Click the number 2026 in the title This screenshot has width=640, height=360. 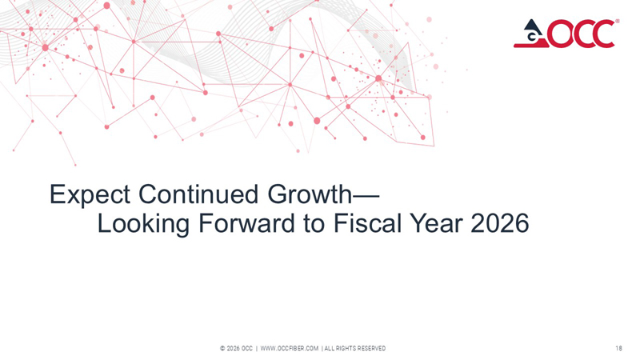[499, 224]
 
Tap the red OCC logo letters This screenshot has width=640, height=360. [582, 34]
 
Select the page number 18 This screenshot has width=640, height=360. [619, 348]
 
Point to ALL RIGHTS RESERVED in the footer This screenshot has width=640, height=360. [354, 348]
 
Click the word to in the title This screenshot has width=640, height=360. [314, 224]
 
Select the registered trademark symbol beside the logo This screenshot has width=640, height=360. [617, 22]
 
